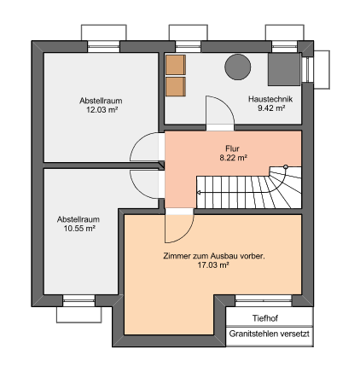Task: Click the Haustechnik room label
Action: (x=270, y=99)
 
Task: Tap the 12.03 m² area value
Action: (x=102, y=110)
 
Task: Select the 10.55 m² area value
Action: (x=79, y=229)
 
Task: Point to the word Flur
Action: (x=232, y=148)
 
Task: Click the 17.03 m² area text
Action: (x=213, y=265)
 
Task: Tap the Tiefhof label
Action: (x=265, y=318)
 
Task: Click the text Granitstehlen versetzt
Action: (x=270, y=334)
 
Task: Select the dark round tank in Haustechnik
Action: (x=238, y=67)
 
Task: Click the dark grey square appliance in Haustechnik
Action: (x=284, y=69)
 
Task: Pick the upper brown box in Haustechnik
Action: (x=176, y=65)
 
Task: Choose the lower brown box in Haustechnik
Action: (x=176, y=87)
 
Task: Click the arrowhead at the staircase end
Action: (x=199, y=193)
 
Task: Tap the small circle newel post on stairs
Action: (x=286, y=167)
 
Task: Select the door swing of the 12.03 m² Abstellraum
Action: (x=137, y=141)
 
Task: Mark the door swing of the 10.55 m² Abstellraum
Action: (x=137, y=190)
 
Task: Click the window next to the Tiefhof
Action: (x=264, y=300)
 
